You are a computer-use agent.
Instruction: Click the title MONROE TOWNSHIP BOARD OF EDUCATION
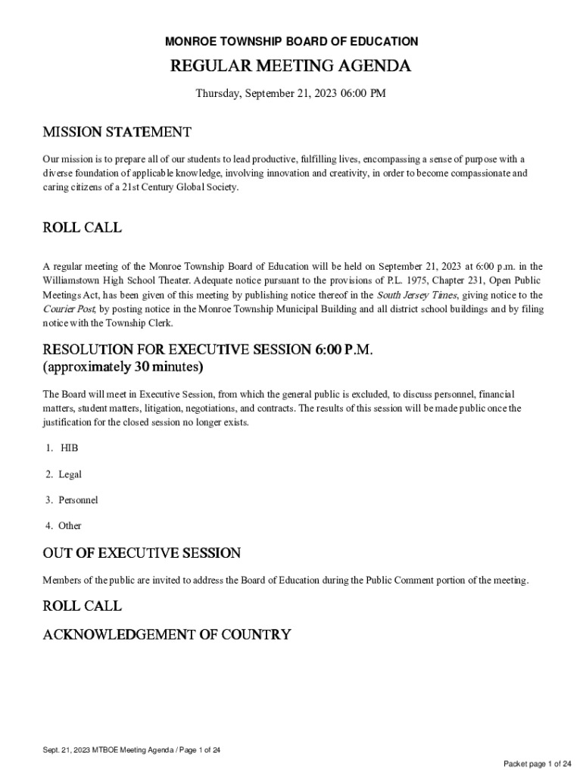291,42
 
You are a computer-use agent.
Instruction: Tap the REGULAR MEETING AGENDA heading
291,67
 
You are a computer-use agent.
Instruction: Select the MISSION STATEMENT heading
117,133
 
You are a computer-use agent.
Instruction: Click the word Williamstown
75,280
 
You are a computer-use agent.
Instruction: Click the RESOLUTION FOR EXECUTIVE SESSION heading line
208,350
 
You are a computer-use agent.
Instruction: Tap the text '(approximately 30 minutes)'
123,368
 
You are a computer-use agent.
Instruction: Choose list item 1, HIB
69,448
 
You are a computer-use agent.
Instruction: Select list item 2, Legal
70,474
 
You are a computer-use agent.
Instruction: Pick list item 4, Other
70,526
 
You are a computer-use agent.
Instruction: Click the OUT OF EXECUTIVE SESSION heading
142,553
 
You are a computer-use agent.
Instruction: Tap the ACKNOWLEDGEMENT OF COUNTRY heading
167,635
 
